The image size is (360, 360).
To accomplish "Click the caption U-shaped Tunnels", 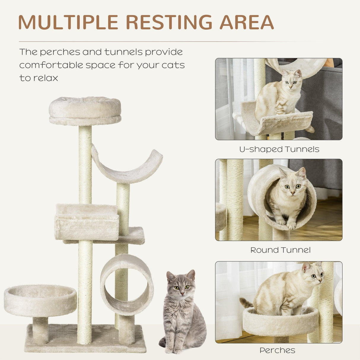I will [x=279, y=149].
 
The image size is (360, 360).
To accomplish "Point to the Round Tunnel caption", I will [x=280, y=250].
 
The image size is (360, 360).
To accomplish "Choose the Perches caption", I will [x=277, y=350].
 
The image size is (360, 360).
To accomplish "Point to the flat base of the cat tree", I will [x=86, y=338].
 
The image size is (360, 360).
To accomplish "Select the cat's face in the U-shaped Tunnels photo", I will [x=291, y=80].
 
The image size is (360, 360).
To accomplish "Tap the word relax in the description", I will [x=46, y=78].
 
